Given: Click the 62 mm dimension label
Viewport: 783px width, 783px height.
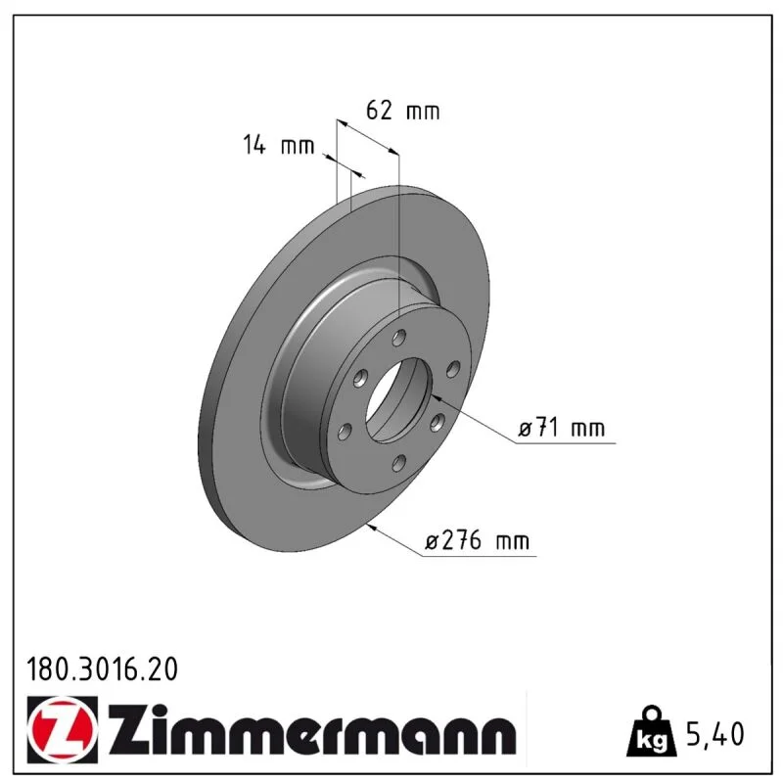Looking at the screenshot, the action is pos(402,111).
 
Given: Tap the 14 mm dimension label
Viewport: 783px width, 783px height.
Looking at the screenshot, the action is pos(279,145).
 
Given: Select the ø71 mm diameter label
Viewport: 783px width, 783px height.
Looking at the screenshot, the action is pos(561,428).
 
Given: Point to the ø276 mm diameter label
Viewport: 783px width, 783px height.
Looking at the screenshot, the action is pos(477,541).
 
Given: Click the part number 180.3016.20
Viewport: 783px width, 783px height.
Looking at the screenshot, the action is pos(102,669).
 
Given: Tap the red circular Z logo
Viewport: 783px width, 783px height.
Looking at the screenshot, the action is pos(63,729).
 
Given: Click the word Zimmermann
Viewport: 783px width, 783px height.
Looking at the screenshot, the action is pos(312,728).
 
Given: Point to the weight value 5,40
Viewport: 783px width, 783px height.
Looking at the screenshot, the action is pos(715,733).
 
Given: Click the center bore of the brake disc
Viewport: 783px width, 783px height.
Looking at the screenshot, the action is pos(398,400).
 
